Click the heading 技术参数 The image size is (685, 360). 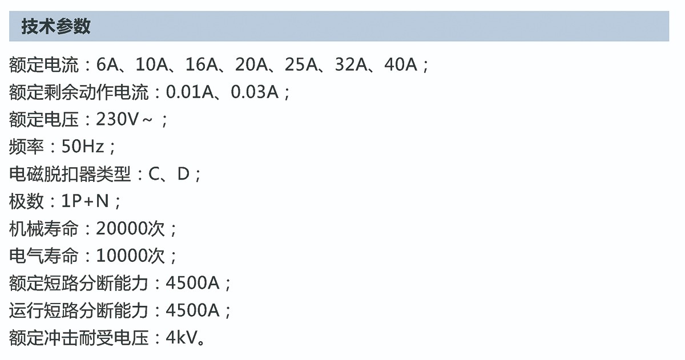pyautogui.click(x=56, y=26)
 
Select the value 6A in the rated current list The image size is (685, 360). pyautogui.click(x=107, y=64)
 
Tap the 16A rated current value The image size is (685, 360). pyautogui.click(x=202, y=64)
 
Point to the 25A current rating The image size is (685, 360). pyautogui.click(x=301, y=64)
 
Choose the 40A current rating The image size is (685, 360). pyautogui.click(x=401, y=64)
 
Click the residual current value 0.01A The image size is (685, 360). pyautogui.click(x=190, y=92)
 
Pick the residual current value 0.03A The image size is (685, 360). pyautogui.click(x=255, y=92)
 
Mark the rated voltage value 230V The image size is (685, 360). pyautogui.click(x=118, y=119)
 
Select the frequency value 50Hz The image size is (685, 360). pyautogui.click(x=83, y=147)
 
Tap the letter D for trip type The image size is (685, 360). pyautogui.click(x=183, y=174)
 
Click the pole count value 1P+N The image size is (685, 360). pyautogui.click(x=85, y=201)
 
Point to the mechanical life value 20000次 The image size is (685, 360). pyautogui.click(x=131, y=229)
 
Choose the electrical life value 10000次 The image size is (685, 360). pyautogui.click(x=131, y=256)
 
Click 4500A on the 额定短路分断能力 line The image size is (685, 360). pyautogui.click(x=193, y=284)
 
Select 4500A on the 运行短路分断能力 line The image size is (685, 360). pyautogui.click(x=193, y=310)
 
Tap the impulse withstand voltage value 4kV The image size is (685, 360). pyautogui.click(x=181, y=338)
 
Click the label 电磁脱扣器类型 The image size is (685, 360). pyautogui.click(x=70, y=174)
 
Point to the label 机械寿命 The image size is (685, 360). pyautogui.click(x=44, y=229)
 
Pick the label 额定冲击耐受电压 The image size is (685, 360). pyautogui.click(x=79, y=338)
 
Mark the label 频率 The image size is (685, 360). pyautogui.click(x=27, y=147)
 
